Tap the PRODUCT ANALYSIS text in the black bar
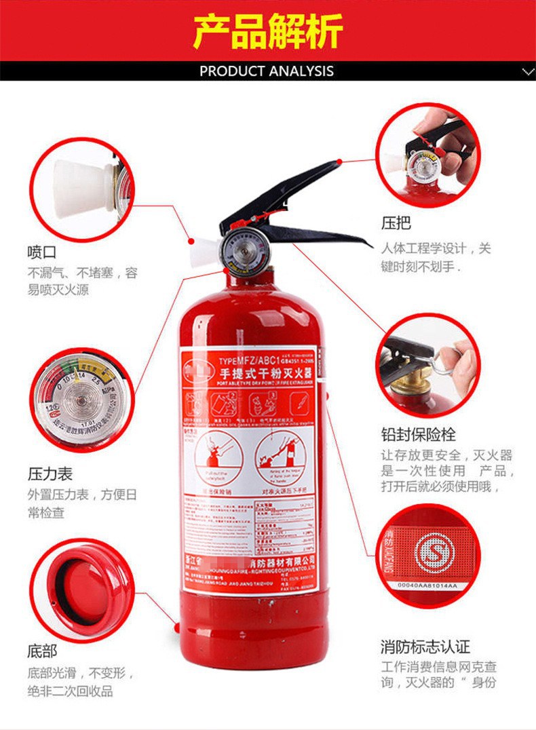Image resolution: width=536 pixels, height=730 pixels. tap(267, 71)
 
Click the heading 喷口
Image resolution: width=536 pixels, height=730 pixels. tap(41, 252)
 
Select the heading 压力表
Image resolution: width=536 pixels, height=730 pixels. tap(50, 473)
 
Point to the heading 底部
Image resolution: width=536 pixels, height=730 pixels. tap(41, 652)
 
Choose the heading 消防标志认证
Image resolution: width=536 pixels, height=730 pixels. tap(425, 647)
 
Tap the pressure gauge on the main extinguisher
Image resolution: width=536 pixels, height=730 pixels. tap(240, 250)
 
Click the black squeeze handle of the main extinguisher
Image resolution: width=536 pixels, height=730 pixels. tap(292, 204)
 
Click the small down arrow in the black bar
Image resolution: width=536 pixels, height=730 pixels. tap(527, 71)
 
